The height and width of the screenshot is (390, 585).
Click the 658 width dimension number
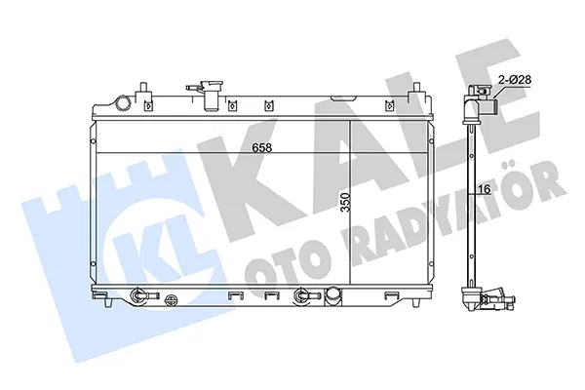[262, 148]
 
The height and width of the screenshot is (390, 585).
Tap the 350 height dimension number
[346, 202]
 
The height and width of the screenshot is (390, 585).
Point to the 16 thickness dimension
[485, 189]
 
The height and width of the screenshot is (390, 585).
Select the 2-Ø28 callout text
[515, 80]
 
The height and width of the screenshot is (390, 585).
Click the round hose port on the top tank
[123, 103]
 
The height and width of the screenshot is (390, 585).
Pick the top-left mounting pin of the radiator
[142, 91]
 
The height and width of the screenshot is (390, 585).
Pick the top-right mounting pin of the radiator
[415, 91]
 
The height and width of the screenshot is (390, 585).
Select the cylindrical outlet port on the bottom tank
[333, 295]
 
